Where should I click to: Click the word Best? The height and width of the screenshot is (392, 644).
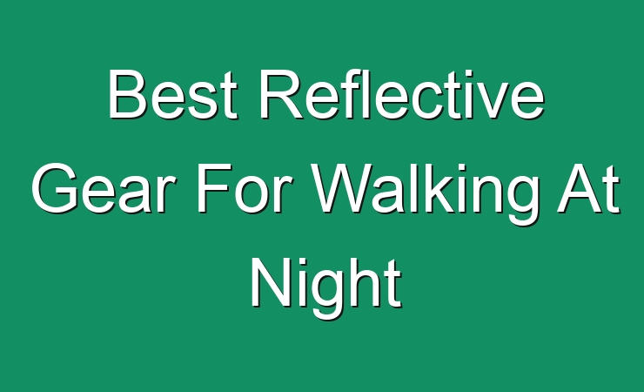coord(173,94)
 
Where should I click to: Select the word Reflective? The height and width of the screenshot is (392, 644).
coord(402,94)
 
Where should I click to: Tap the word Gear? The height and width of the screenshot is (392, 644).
coord(101,188)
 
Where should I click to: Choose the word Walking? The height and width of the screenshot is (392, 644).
coord(425,194)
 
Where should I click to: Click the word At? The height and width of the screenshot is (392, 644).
coord(588,188)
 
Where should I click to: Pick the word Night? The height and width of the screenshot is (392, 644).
coord(326,288)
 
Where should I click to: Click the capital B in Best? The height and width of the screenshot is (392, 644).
coord(127,94)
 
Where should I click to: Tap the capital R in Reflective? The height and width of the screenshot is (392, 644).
coord(282,94)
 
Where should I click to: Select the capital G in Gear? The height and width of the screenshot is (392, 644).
coord(55,188)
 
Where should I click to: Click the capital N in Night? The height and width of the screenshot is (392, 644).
coord(271,283)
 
